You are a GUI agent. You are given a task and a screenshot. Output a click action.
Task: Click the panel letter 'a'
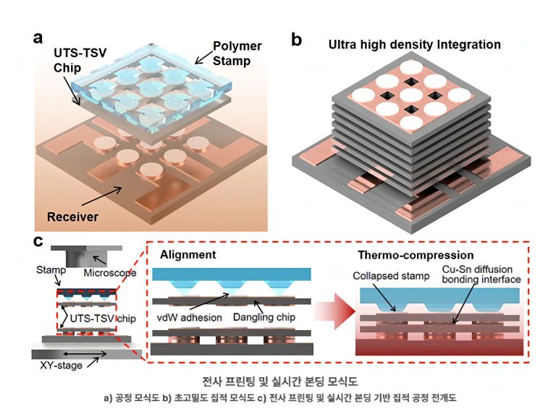click(x=38, y=38)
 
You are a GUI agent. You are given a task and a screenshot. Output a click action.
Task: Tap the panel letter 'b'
click(x=296, y=39)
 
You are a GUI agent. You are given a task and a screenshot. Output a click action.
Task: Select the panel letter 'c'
click(x=38, y=241)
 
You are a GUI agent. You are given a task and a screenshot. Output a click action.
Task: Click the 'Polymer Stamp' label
click(x=237, y=53)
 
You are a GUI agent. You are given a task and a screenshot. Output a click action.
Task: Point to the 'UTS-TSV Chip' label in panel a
click(x=80, y=60)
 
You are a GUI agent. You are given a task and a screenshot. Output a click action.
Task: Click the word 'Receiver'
click(x=72, y=216)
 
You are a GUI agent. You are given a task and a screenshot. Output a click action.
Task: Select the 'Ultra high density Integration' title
click(x=415, y=45)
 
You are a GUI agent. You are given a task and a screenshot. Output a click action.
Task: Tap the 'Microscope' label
click(x=110, y=273)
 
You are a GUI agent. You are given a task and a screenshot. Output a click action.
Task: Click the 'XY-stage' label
click(x=61, y=365)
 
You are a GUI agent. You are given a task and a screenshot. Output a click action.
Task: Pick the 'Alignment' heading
click(x=188, y=255)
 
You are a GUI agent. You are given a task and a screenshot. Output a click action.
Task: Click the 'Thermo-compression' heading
click(x=416, y=255)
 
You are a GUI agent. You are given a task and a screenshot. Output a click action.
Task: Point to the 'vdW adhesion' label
click(x=190, y=317)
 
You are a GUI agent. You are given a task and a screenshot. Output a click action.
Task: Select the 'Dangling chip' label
click(x=264, y=317)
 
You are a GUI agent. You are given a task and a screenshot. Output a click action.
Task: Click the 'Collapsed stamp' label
click(x=391, y=276)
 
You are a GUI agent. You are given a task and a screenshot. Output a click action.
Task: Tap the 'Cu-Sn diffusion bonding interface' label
click(x=481, y=274)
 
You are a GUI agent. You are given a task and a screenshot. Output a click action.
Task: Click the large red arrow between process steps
click(x=335, y=311)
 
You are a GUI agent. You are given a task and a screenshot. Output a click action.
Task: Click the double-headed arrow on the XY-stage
click(x=85, y=353)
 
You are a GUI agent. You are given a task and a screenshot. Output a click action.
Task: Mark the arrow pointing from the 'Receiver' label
click(x=102, y=196)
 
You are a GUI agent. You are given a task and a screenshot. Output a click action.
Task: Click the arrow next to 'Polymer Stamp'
click(x=203, y=57)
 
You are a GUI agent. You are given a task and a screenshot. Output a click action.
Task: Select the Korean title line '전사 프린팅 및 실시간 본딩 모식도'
click(x=279, y=382)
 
